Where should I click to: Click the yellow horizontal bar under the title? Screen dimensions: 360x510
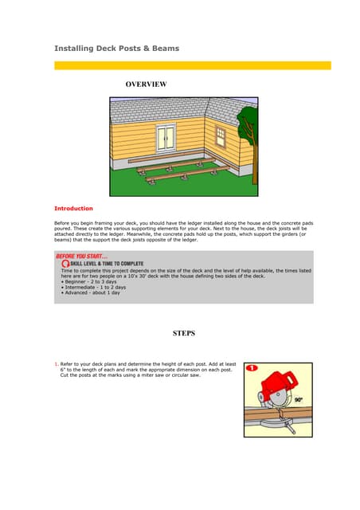192,65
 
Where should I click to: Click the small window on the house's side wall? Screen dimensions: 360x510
221,137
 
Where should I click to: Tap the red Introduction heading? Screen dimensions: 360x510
73,208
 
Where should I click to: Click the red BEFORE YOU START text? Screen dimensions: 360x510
82,255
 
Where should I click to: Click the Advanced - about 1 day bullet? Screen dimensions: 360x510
91,293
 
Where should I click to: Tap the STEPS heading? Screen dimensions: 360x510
184,333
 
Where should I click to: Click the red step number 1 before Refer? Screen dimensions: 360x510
56,364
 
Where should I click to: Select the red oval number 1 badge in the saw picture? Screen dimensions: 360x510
252,370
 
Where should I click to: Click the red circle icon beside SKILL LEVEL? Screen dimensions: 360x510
65,263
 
